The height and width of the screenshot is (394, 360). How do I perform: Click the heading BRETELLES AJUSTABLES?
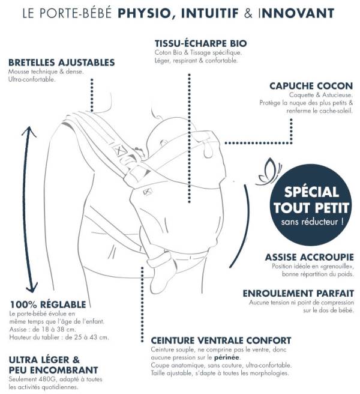click(x=62, y=62)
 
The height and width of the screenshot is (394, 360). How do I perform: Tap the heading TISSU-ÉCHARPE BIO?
click(x=201, y=43)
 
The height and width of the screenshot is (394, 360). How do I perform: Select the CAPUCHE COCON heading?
click(x=311, y=86)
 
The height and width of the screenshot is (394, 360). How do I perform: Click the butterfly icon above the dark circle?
click(x=269, y=172)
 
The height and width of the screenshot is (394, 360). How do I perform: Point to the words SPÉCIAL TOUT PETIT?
click(x=311, y=200)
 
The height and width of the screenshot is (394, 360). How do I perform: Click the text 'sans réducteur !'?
click(x=312, y=222)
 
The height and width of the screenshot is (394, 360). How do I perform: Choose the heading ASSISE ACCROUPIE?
click(x=309, y=257)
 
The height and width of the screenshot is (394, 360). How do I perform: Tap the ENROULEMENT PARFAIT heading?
click(x=298, y=294)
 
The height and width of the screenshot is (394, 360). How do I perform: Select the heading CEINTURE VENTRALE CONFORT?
click(x=221, y=341)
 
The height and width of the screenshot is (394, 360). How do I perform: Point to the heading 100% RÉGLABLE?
click(x=48, y=305)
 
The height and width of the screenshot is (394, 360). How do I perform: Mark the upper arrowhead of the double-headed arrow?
click(x=29, y=132)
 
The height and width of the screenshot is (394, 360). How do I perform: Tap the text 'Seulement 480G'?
click(x=32, y=379)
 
